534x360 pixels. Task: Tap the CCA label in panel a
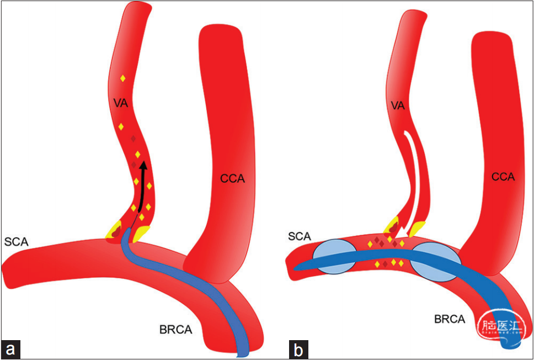[232, 178]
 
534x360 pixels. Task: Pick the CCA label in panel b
[503, 177]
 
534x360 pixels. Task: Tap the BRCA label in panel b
[449, 319]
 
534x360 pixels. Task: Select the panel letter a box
[10, 349]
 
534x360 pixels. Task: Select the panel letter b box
[298, 349]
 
